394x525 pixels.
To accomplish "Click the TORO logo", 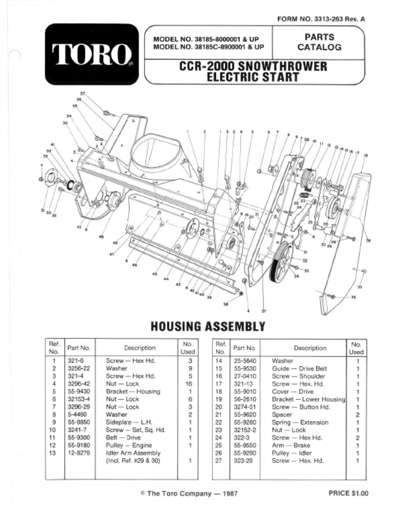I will pyautogui.click(x=91, y=54).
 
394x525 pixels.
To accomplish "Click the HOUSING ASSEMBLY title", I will pyautogui.click(x=207, y=327).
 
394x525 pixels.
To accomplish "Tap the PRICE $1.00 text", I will pyautogui.click(x=348, y=493).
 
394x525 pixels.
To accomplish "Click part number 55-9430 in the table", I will pyautogui.click(x=78, y=391).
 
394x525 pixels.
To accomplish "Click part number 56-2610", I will pyautogui.click(x=245, y=399).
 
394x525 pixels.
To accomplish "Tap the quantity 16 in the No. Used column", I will pyautogui.click(x=190, y=383).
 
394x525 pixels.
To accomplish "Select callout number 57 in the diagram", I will pyautogui.click(x=83, y=94).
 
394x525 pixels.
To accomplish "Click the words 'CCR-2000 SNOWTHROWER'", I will pyautogui.click(x=253, y=67).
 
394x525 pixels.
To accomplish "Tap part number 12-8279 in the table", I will pyautogui.click(x=78, y=453).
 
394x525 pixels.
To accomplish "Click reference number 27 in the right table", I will pyautogui.click(x=221, y=460).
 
